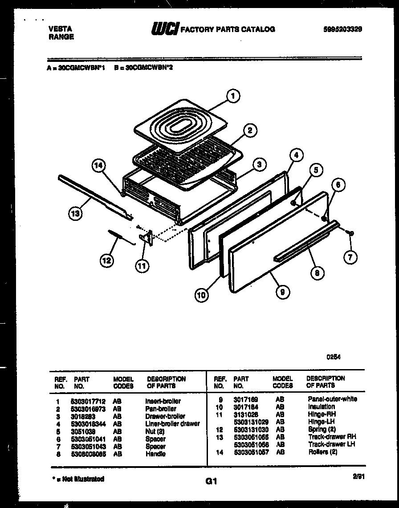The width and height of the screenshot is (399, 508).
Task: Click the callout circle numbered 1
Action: tap(232, 96)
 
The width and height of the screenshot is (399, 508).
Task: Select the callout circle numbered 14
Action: tap(99, 167)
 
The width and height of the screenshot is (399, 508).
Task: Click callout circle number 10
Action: tap(202, 294)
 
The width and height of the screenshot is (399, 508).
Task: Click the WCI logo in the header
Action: tap(165, 29)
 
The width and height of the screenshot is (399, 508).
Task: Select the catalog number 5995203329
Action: tap(342, 29)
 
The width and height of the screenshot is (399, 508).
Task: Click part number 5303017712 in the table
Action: tap(88, 401)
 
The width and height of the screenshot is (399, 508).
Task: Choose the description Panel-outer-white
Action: tap(332, 399)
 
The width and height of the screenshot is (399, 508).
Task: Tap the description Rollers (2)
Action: tap(322, 452)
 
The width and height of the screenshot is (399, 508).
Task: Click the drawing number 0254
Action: tap(333, 357)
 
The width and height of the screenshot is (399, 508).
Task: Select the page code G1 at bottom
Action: tap(211, 481)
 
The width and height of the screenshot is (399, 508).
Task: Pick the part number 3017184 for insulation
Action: tap(245, 406)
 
